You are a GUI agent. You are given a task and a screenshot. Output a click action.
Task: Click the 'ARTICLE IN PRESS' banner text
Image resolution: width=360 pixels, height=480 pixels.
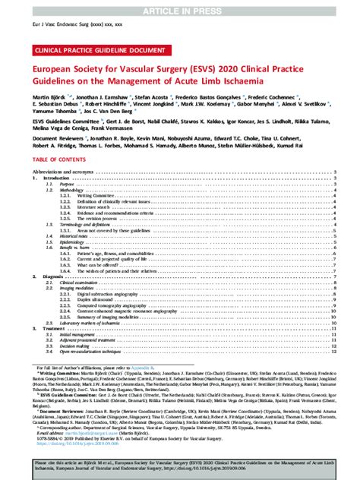[180, 7]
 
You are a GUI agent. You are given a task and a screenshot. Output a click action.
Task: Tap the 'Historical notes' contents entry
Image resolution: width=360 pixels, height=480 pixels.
[79, 236]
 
